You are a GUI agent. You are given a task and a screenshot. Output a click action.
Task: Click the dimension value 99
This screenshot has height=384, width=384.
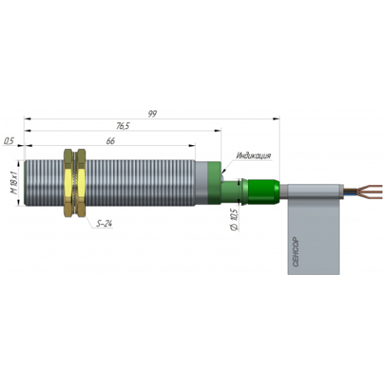152,114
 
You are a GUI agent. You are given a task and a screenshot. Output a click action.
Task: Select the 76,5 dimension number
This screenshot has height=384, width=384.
123,126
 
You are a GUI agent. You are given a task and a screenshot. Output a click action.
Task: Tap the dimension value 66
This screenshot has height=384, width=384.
111,141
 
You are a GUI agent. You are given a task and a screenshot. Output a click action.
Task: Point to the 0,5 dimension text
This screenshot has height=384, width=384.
9,141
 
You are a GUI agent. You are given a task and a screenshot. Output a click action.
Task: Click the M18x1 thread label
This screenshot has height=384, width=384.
14,183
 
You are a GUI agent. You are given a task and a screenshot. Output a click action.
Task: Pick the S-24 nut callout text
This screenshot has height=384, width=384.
104,223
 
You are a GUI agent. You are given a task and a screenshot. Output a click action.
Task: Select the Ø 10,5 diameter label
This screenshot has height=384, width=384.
234,220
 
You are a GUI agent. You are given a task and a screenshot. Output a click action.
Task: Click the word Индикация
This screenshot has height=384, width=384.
253,155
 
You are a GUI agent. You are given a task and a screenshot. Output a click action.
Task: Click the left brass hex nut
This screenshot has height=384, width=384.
68,184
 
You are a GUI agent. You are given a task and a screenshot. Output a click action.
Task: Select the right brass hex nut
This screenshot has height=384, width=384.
81,184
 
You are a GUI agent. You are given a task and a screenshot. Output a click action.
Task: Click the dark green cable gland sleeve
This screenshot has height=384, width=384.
263,191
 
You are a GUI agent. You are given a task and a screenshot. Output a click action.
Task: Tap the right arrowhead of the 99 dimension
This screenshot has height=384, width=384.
276,119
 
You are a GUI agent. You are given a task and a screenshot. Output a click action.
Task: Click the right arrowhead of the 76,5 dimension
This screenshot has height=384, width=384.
218,131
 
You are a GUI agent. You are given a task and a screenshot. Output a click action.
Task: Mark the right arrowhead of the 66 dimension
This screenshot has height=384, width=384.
192,146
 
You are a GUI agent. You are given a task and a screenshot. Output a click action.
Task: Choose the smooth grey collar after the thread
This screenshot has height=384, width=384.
202,183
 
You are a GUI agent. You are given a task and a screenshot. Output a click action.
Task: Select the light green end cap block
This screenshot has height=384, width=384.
214,183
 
